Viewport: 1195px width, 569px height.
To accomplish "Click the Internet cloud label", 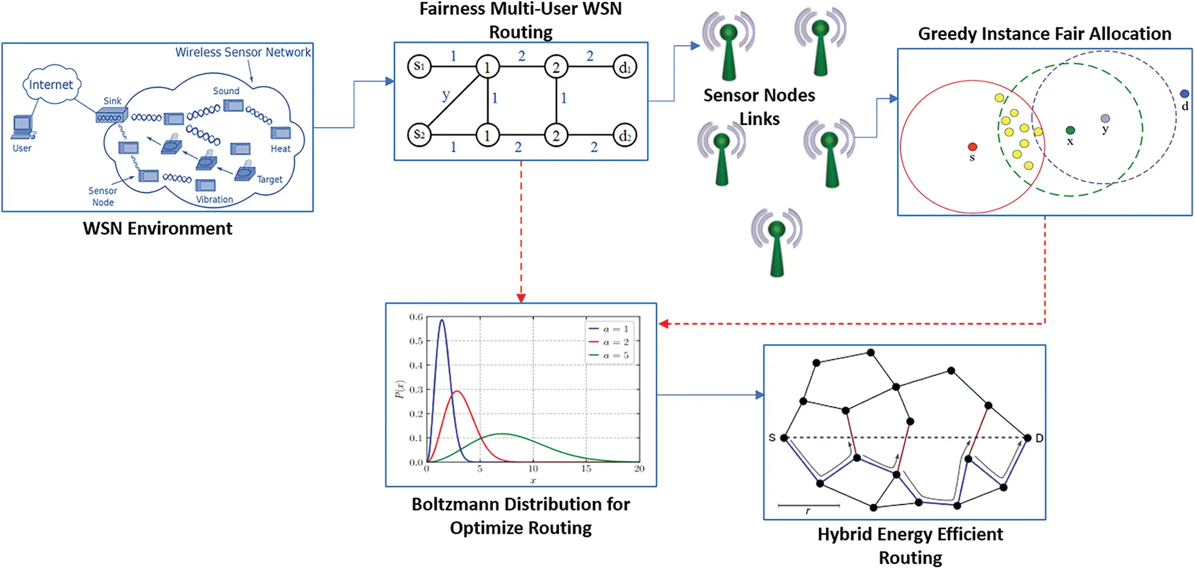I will [x=51, y=85].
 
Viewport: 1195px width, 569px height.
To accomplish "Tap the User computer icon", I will [x=23, y=128].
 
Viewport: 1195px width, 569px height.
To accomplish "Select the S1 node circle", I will [x=419, y=66].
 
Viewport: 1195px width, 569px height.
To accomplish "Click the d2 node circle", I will [x=625, y=135].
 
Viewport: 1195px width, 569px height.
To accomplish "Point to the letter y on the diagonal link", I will [x=446, y=95].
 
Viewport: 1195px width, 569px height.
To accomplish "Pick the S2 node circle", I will [x=419, y=134].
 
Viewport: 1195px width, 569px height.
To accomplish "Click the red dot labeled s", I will [x=972, y=147].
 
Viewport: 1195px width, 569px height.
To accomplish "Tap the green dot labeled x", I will [x=1070, y=130].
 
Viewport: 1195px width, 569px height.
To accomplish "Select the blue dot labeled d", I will [x=1184, y=93].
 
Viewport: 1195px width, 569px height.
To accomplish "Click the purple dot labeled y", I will [x=1105, y=118].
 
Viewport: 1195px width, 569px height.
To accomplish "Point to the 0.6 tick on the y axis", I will [x=415, y=317].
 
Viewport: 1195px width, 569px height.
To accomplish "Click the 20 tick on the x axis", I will [x=639, y=469].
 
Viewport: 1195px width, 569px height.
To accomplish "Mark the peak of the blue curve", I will [x=441, y=320].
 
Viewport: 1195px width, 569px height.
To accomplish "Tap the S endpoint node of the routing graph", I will [x=784, y=438].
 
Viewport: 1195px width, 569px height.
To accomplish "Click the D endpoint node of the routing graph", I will [x=1028, y=438].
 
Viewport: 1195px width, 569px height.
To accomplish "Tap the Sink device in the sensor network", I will [x=111, y=115].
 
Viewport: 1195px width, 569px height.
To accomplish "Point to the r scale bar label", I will [x=807, y=511].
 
